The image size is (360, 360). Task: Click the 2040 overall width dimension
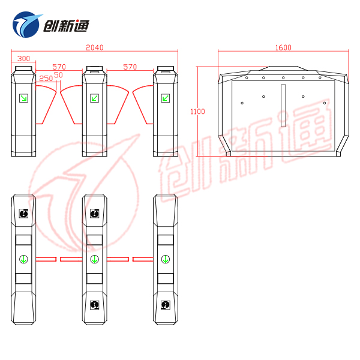tap(95, 47)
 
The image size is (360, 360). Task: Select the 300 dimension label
tap(23, 59)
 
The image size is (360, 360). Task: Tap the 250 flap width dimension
tap(46, 79)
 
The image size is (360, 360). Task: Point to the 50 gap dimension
tap(58, 75)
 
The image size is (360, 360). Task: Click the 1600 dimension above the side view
tap(283, 47)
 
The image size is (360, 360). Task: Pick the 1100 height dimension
tap(197, 112)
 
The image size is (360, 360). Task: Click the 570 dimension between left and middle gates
tap(59, 67)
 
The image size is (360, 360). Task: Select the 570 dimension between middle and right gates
tap(130, 67)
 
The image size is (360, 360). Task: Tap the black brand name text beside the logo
tap(66, 26)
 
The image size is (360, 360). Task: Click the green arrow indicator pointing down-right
tap(23, 98)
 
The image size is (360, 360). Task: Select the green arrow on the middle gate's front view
tap(95, 98)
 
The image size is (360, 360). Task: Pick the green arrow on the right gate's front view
tap(166, 98)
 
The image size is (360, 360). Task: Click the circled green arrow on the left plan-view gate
tap(23, 259)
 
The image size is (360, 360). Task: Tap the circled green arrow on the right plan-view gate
tap(166, 259)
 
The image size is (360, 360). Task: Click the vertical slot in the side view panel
tap(283, 106)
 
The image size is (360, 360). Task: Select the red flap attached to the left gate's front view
tap(46, 104)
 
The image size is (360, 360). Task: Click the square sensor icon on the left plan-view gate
tap(23, 214)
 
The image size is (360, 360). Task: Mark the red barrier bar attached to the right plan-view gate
tap(143, 259)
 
